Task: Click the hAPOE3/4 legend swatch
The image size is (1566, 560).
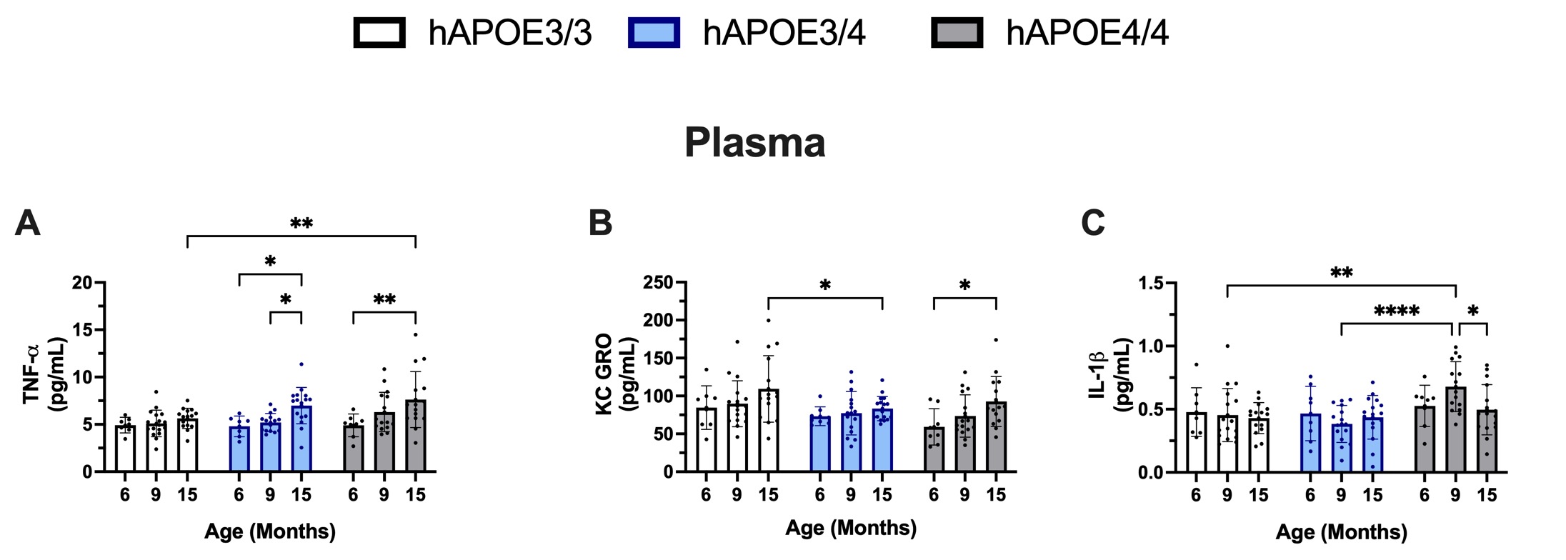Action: point(654,33)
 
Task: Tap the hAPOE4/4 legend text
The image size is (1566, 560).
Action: point(1087,33)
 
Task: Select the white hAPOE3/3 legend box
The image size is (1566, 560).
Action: point(379,33)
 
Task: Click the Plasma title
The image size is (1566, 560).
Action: point(754,143)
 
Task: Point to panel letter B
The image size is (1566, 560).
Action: point(600,223)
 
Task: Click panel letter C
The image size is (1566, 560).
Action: point(1093,223)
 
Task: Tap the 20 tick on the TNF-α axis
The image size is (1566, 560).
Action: point(83,283)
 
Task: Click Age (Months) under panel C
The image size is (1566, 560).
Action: point(1341,532)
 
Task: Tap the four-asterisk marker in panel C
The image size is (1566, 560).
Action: point(1396,311)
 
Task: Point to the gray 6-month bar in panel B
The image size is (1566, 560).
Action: point(934,449)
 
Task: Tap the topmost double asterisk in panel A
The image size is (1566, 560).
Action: point(301,224)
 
